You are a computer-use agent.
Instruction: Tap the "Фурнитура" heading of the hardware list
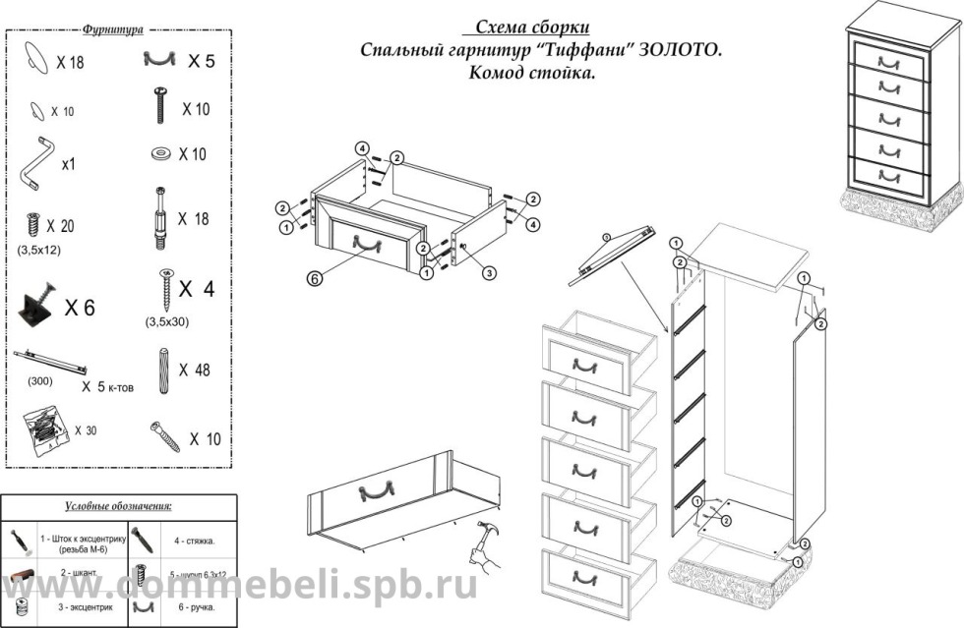(x=113, y=30)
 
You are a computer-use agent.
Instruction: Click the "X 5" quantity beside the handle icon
(x=201, y=61)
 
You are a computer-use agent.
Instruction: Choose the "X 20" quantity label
(x=60, y=226)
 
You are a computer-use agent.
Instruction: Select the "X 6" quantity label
(x=80, y=308)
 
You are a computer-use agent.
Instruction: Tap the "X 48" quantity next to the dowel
(x=196, y=371)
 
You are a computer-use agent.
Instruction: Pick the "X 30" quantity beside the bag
(x=86, y=430)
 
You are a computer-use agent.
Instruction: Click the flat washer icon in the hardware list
(x=159, y=154)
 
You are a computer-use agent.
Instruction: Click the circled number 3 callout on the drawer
(x=489, y=274)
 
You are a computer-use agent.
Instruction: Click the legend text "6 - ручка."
(x=193, y=608)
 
